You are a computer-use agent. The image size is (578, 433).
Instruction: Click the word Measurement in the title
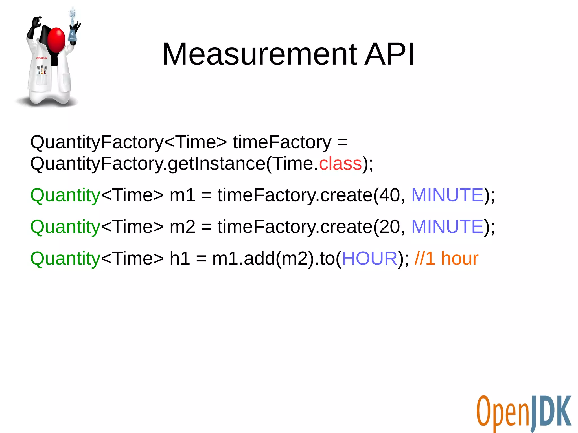point(260,54)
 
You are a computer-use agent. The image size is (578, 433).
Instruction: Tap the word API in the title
point(389,54)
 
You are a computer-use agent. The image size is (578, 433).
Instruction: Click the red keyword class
point(340,164)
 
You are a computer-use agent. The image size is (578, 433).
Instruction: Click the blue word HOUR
point(370,258)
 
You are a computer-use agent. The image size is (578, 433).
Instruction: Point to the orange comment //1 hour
point(446,258)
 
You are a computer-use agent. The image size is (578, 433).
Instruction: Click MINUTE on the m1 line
point(448,195)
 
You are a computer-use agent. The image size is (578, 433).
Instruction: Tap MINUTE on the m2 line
point(448,227)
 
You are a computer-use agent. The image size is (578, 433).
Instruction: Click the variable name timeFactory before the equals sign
point(282,142)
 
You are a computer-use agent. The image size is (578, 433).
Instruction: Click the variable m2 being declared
point(182,227)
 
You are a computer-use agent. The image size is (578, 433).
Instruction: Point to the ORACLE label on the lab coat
point(42,58)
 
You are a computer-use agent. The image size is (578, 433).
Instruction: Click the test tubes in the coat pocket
point(42,70)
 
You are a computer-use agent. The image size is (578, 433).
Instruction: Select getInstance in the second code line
point(216,164)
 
